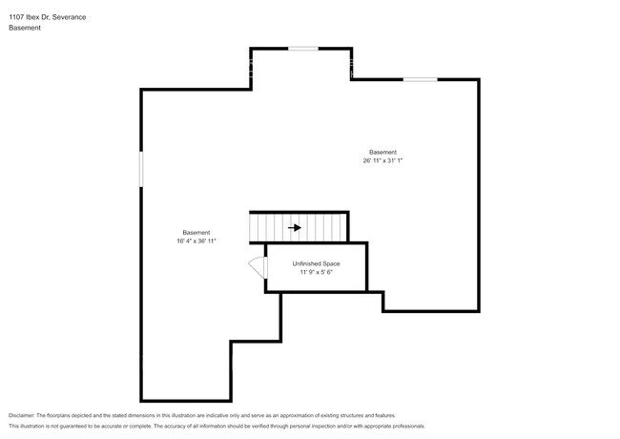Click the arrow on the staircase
pos(295,228)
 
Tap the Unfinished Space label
pos(316,263)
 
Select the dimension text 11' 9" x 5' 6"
pos(316,273)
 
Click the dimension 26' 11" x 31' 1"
pos(382,161)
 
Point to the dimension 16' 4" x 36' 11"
pos(196,241)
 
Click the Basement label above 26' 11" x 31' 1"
pos(382,152)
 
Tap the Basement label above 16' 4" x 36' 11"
pos(196,233)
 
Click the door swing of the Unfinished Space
pos(257,266)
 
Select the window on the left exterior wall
pos(141,170)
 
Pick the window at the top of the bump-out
pos(303,48)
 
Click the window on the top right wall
pos(420,79)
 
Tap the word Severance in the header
pos(77,15)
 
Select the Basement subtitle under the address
pos(24,28)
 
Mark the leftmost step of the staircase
pos(255,228)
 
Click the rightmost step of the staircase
pos(342,228)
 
